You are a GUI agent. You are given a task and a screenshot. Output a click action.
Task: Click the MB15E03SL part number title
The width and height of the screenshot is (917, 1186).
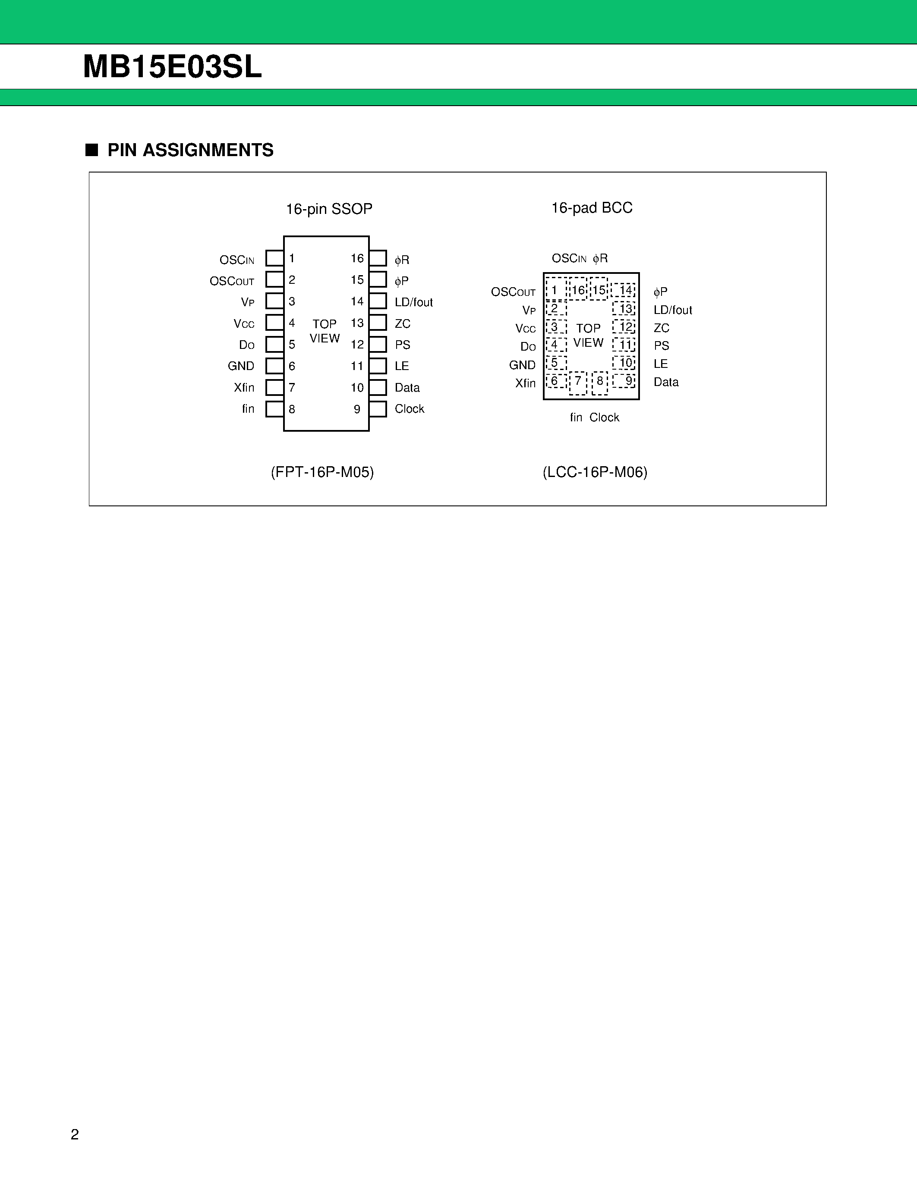click(x=172, y=67)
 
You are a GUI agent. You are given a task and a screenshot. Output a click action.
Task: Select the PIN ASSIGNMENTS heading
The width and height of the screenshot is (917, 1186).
click(x=190, y=150)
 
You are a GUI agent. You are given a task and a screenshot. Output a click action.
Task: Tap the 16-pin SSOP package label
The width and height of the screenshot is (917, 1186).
click(x=329, y=209)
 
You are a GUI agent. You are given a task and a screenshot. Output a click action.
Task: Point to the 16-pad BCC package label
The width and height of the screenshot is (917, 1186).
click(x=592, y=208)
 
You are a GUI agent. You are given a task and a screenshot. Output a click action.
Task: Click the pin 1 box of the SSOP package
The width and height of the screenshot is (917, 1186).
click(x=274, y=258)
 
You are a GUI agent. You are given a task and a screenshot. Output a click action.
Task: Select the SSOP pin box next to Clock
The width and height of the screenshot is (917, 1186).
click(x=378, y=409)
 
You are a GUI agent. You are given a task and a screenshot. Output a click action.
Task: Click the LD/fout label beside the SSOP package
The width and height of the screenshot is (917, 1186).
click(x=413, y=302)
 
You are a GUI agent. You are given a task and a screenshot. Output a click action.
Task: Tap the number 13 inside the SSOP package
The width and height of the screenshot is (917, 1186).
click(x=357, y=323)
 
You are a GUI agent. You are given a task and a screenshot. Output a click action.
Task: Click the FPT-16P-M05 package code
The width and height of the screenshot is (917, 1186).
click(x=322, y=472)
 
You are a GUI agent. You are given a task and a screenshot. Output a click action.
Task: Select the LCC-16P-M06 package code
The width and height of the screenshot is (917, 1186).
click(x=595, y=472)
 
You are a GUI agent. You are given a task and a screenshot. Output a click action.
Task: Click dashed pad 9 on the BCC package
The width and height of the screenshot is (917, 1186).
click(x=625, y=381)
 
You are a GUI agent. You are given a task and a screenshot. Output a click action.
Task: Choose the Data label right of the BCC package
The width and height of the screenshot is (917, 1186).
click(x=666, y=382)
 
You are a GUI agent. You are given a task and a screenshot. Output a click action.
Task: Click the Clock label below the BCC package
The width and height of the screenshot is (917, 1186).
click(x=604, y=417)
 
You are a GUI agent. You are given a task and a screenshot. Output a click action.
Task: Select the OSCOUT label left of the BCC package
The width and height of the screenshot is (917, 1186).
click(x=513, y=292)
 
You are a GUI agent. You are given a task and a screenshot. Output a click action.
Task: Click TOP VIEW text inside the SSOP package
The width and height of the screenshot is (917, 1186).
click(x=325, y=331)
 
